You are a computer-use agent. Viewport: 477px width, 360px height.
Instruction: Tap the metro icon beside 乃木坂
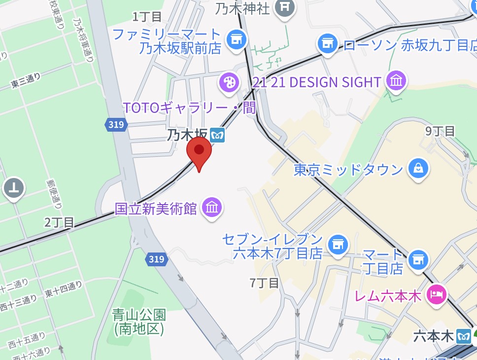click(217, 134)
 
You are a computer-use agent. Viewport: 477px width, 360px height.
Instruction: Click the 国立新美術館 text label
click(156, 209)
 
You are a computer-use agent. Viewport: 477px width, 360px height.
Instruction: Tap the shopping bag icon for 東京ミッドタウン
click(418, 169)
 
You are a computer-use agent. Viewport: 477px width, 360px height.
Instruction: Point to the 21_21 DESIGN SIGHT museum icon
click(397, 81)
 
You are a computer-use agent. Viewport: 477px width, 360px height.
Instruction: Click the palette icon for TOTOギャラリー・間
click(229, 82)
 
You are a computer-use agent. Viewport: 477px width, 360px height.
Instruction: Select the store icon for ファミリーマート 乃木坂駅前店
click(236, 38)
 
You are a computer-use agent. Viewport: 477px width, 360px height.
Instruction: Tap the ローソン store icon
click(327, 44)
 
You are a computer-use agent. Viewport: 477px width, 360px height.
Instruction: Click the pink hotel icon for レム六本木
click(436, 295)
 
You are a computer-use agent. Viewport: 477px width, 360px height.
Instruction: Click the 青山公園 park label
click(139, 321)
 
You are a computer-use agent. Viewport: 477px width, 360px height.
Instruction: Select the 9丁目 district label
click(440, 131)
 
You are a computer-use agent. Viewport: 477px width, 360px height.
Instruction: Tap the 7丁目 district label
click(264, 283)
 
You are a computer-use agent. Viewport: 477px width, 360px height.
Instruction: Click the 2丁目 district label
click(59, 222)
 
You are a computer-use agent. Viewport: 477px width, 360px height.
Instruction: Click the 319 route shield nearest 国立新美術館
click(156, 258)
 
